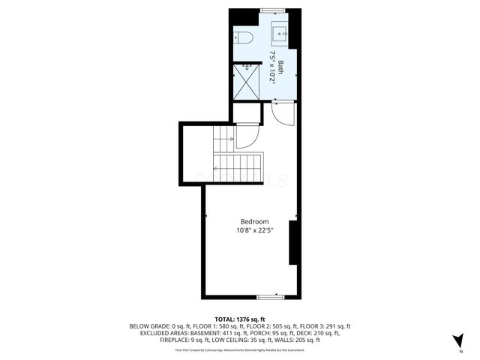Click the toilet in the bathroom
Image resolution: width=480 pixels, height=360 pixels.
click(x=244, y=38)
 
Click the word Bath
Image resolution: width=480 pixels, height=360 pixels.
click(x=280, y=65)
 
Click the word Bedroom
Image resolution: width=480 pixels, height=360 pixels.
click(x=254, y=222)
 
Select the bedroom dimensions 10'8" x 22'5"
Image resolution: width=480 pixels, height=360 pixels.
click(x=254, y=231)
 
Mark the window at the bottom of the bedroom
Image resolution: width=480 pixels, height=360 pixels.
click(x=270, y=297)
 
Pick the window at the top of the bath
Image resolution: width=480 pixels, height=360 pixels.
click(x=272, y=10)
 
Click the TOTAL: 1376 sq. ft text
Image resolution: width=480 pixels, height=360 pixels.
click(x=240, y=319)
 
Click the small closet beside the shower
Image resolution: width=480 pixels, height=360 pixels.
click(x=246, y=113)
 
